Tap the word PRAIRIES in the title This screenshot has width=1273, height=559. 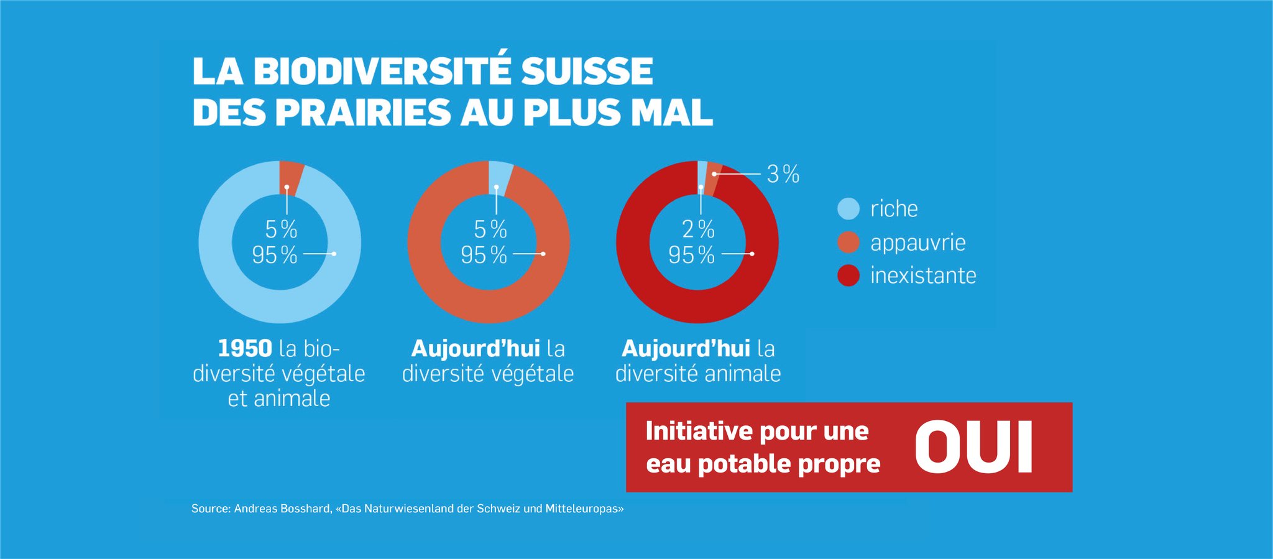[x=362, y=113]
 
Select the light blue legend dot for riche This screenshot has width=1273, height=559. [x=848, y=209]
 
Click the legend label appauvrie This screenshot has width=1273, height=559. [x=918, y=243]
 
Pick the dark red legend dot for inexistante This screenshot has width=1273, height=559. [x=848, y=275]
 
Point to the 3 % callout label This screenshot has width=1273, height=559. [x=783, y=174]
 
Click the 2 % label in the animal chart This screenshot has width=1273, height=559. [x=698, y=229]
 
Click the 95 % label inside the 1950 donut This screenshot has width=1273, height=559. [x=275, y=255]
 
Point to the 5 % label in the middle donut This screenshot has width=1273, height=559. [x=490, y=229]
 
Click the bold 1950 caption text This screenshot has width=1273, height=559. [x=245, y=348]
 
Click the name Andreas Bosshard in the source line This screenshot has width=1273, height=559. [x=282, y=509]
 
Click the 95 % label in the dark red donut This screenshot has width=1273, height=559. [x=691, y=255]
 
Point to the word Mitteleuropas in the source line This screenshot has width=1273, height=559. [x=581, y=509]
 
